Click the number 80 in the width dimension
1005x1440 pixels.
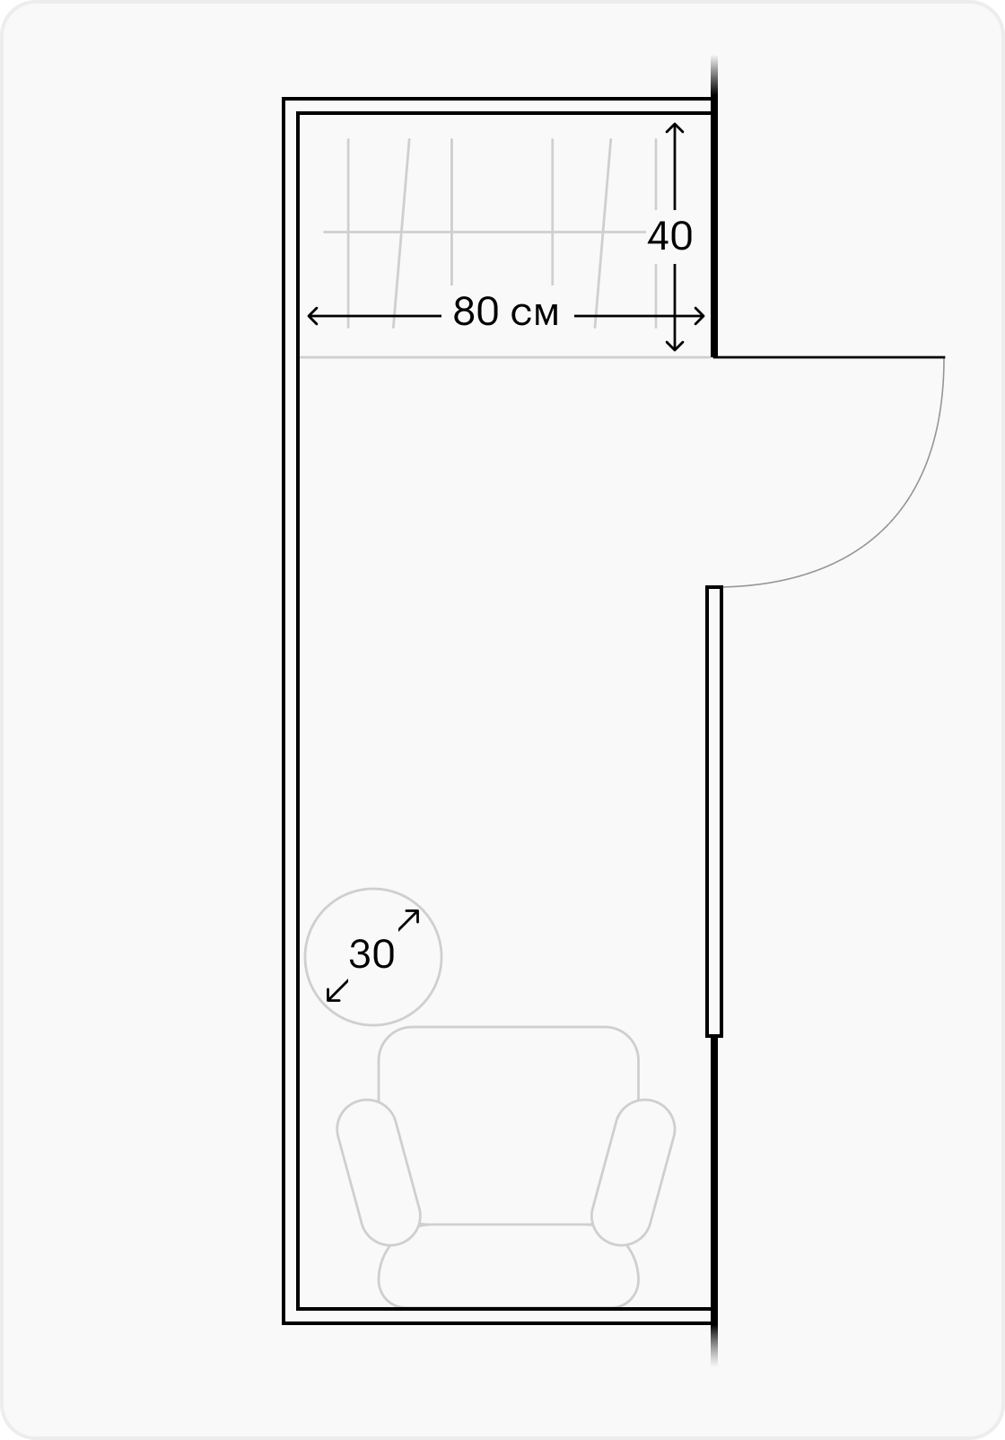(x=476, y=312)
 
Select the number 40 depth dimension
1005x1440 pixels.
(x=669, y=236)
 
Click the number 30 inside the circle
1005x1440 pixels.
(x=371, y=954)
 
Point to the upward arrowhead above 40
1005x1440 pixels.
(x=674, y=127)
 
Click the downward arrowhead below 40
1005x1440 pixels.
(x=674, y=346)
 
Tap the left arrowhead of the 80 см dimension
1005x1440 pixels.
(x=313, y=316)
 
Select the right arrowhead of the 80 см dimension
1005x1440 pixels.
(x=699, y=316)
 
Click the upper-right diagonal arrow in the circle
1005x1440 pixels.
(x=408, y=920)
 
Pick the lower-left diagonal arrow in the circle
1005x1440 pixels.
(x=337, y=990)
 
